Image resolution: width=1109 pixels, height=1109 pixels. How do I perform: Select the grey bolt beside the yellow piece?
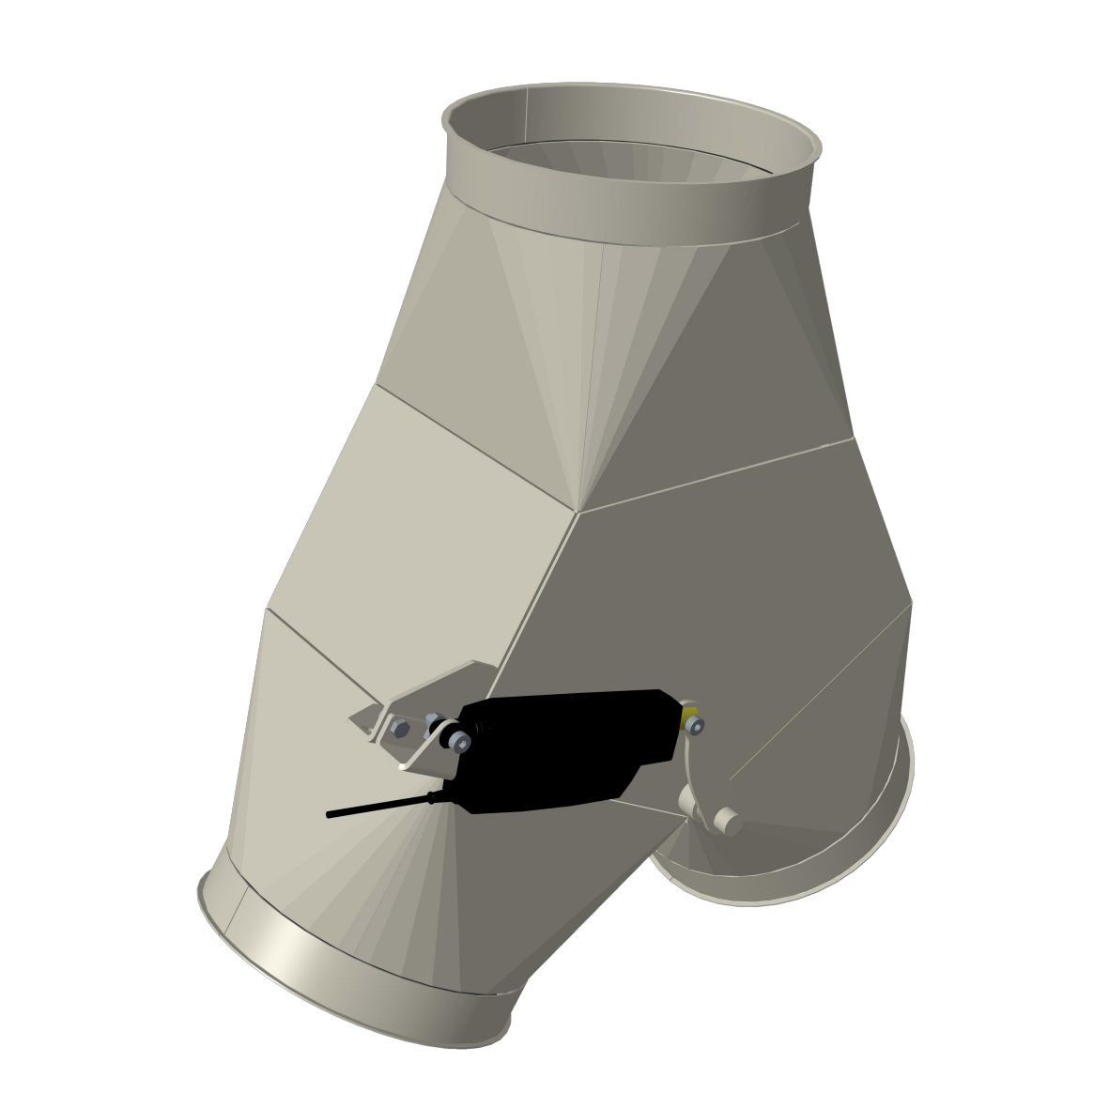click(698, 725)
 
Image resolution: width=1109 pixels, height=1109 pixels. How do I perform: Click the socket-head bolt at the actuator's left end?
click(460, 744)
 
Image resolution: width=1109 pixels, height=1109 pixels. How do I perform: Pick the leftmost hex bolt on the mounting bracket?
click(398, 729)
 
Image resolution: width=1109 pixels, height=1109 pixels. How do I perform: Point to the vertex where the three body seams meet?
click(578, 513)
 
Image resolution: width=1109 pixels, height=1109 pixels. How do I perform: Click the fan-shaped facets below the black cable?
click(394, 883)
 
